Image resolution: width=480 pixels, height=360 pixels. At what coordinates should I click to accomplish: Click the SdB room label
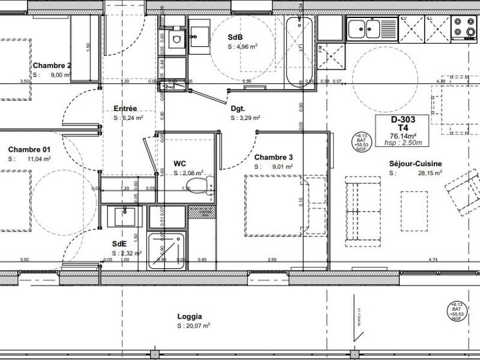(235, 37)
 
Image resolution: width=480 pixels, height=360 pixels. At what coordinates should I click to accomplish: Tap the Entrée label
(125, 109)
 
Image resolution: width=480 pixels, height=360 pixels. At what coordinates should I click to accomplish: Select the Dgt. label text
(238, 109)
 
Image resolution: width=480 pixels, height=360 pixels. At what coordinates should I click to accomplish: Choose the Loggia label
(190, 316)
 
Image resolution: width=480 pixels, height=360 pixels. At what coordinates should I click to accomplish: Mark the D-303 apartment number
(403, 120)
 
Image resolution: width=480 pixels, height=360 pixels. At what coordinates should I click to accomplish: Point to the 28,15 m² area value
(430, 173)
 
